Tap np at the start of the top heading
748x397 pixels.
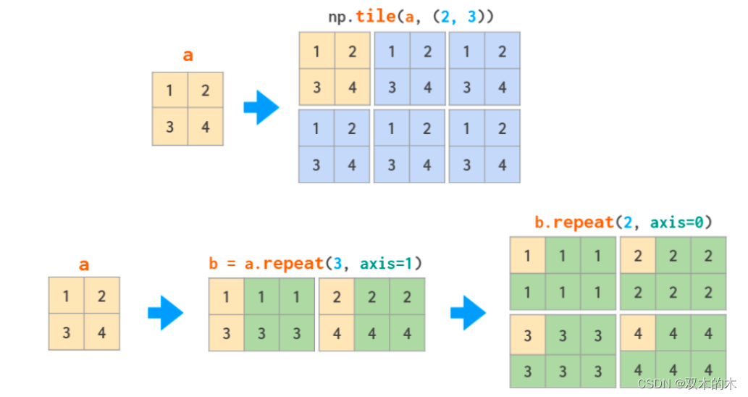click(x=337, y=17)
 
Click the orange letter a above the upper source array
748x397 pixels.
click(x=188, y=56)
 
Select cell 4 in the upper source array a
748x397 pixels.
click(x=206, y=128)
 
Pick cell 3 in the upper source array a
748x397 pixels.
click(x=169, y=128)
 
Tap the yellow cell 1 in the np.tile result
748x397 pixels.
click(x=316, y=51)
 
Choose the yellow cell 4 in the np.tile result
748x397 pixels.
click(x=353, y=88)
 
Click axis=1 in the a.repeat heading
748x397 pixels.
click(x=391, y=264)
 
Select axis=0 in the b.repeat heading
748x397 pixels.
click(x=681, y=222)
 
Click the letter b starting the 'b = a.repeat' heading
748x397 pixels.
click(x=214, y=264)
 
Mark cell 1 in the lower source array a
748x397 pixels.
click(x=66, y=296)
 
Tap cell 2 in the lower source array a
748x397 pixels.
click(x=101, y=296)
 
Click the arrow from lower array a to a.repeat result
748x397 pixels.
click(x=165, y=313)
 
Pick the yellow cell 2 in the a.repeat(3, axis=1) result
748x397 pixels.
click(x=337, y=296)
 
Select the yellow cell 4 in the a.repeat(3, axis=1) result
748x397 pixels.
click(x=337, y=333)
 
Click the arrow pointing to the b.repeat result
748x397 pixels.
click(x=468, y=313)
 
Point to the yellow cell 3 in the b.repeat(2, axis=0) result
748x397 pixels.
click(x=527, y=335)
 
